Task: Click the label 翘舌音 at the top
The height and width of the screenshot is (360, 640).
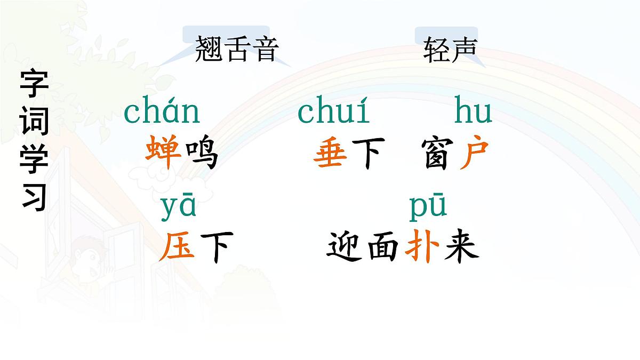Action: click(x=237, y=50)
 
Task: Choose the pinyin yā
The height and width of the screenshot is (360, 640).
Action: click(x=178, y=207)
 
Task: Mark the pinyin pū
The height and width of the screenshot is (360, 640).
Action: click(x=428, y=207)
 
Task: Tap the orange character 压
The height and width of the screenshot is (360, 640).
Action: click(x=177, y=249)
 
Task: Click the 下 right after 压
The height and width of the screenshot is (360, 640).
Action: click(x=215, y=249)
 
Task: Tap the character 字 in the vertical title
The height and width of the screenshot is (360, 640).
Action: click(x=35, y=84)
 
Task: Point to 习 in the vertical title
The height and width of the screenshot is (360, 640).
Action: click(x=35, y=197)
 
